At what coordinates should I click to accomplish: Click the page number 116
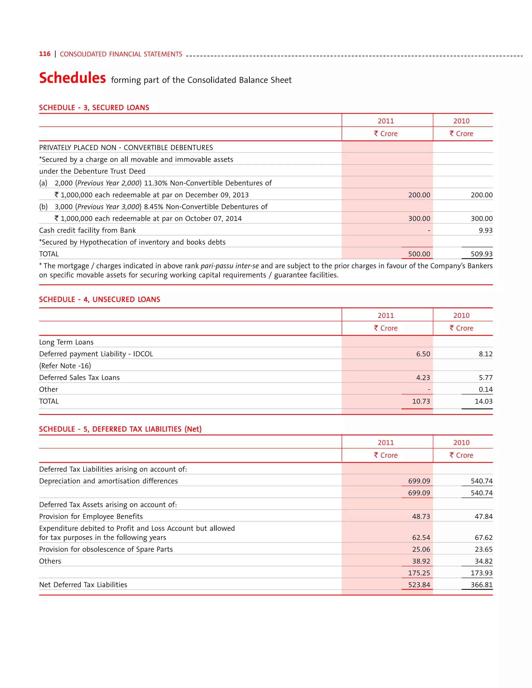pos(44,54)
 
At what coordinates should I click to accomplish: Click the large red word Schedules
pos(72,78)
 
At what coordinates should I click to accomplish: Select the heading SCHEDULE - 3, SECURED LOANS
pos(94,108)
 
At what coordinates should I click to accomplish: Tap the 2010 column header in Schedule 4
pos(461,315)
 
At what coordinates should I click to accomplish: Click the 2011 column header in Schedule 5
pos(386,443)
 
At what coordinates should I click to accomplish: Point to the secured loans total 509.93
pos(481,254)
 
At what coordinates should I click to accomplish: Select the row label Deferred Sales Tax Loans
pos(79,378)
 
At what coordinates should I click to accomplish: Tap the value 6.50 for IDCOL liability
pos(423,354)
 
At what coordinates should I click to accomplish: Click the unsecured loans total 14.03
pos(483,401)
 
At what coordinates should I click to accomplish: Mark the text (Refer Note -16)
pos(65,366)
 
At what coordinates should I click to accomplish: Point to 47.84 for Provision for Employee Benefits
pos(483,517)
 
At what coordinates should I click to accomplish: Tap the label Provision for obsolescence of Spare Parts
pos(106,549)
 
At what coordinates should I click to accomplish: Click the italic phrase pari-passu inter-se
pos(229,266)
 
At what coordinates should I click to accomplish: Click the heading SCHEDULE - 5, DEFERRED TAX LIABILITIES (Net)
pos(120,429)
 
